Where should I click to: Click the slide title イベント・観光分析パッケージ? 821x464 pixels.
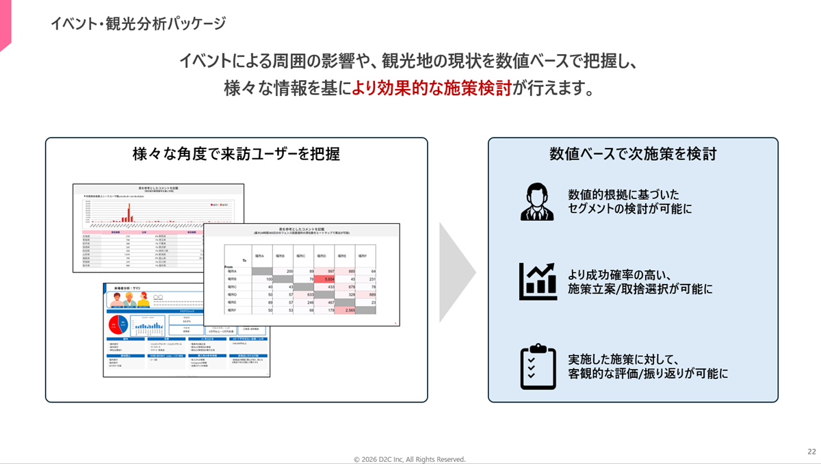click(138, 23)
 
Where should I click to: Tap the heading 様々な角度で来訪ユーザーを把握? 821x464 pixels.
click(236, 155)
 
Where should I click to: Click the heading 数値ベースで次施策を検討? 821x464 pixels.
click(633, 154)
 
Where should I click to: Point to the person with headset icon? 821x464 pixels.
click(537, 201)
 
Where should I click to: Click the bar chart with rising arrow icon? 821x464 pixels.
click(537, 281)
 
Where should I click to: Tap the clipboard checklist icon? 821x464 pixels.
click(537, 367)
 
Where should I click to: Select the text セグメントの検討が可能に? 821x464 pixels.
click(630, 209)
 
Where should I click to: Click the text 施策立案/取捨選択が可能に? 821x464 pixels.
click(640, 289)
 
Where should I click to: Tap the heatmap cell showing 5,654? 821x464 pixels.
click(324, 279)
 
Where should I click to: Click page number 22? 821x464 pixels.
click(811, 451)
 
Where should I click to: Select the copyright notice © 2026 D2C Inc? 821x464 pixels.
click(409, 459)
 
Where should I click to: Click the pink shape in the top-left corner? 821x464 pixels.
click(5, 24)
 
